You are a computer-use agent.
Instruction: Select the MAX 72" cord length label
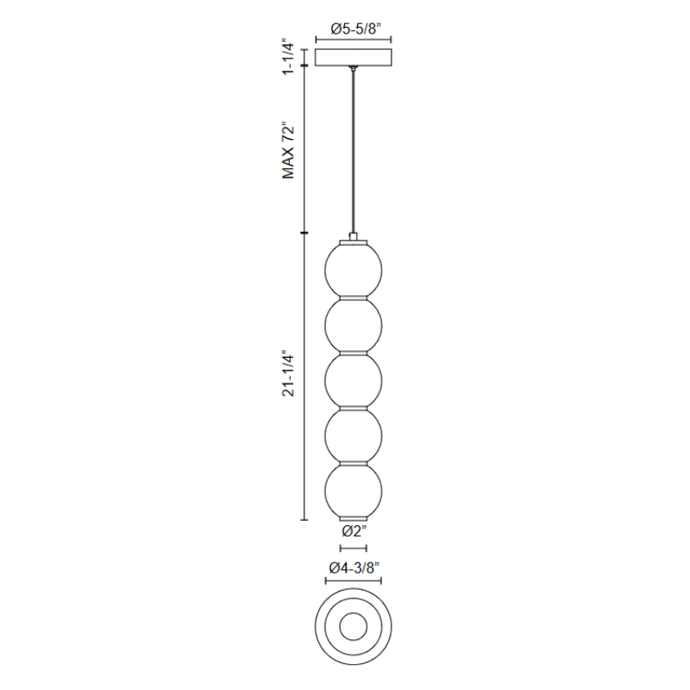(288, 150)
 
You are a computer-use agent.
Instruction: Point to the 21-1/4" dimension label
(288, 373)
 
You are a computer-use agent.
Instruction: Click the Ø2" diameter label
(354, 531)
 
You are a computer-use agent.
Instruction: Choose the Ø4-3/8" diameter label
(354, 568)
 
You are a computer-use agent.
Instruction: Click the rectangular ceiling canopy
(354, 57)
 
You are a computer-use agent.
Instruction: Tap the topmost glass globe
(354, 270)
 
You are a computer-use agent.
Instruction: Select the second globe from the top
(354, 326)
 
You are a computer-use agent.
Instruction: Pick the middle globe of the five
(354, 380)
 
